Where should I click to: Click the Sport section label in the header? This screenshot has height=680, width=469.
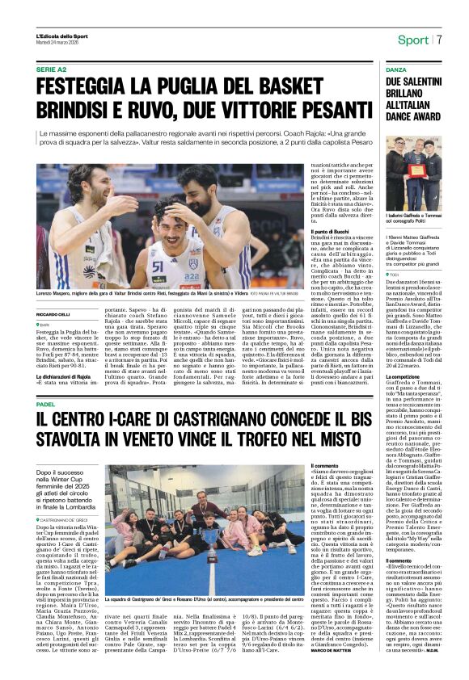pos(412,40)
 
